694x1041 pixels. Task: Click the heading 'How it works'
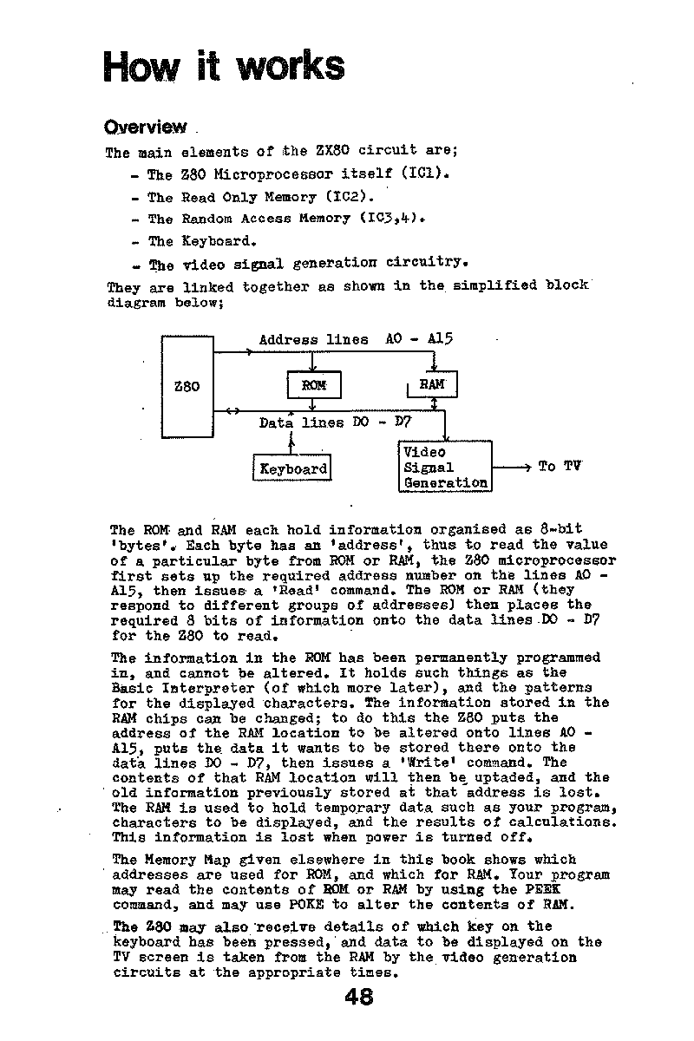[x=223, y=66]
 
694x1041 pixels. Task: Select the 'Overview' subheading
[x=145, y=127]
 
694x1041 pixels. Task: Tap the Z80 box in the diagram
[x=187, y=386]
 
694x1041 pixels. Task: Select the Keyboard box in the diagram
[x=293, y=468]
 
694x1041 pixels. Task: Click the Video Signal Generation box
[x=445, y=467]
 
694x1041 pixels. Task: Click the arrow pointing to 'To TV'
[x=512, y=468]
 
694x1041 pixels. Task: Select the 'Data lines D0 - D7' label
[x=334, y=422]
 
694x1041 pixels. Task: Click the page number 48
[x=358, y=998]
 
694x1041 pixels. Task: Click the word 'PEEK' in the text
[x=545, y=889]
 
